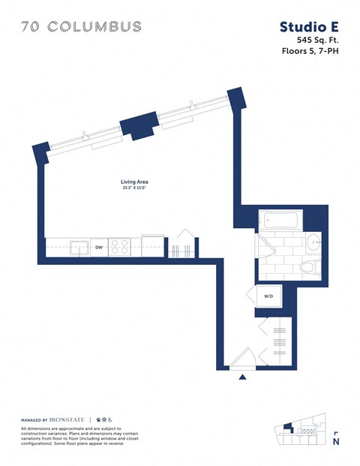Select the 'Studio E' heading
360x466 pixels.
(309, 27)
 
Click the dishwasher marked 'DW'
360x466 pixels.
(98, 246)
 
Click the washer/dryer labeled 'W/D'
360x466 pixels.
(268, 297)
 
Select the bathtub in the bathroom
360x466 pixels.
(279, 221)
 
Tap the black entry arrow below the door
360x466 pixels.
(241, 377)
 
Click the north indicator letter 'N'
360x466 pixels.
(335, 442)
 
